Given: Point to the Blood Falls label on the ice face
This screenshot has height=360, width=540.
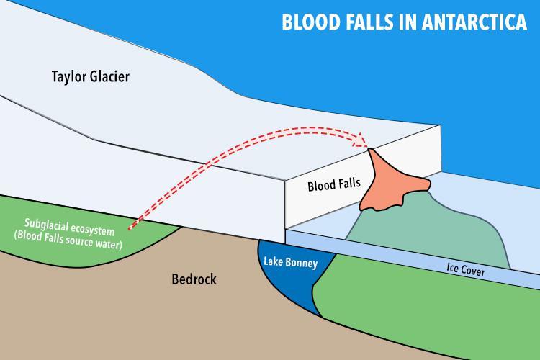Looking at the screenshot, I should click(x=330, y=185).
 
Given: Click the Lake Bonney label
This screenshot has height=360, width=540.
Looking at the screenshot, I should click(x=289, y=263).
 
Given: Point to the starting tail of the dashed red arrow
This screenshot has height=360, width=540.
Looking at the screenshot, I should click(x=130, y=229).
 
